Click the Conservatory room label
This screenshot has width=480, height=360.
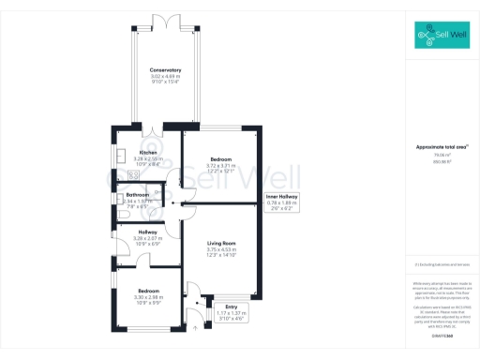coord(165,70)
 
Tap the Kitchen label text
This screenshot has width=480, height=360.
coord(148,153)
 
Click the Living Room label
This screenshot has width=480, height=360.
coord(221,243)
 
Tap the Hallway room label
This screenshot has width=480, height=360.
coord(148,232)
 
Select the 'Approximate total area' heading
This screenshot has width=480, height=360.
coord(442,147)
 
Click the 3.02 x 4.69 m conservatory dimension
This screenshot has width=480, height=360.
coord(165,77)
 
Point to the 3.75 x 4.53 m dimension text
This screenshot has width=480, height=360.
coord(221,249)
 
